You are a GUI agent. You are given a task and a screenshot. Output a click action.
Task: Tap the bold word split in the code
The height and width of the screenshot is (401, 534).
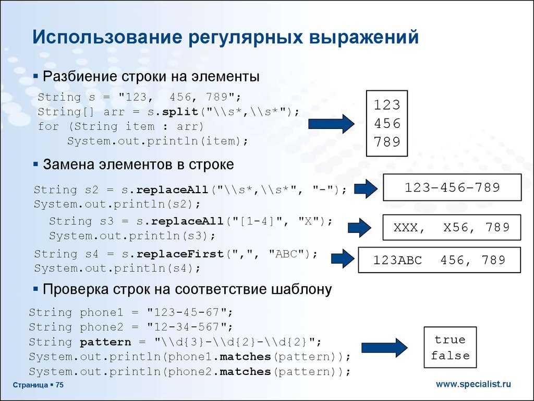[x=180, y=112]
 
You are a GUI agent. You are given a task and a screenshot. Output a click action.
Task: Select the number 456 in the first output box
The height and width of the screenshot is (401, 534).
[x=387, y=123]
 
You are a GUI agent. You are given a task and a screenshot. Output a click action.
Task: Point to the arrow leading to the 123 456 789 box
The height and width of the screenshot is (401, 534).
[x=331, y=123]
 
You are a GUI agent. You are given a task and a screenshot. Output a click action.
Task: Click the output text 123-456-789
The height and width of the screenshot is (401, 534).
[x=452, y=187]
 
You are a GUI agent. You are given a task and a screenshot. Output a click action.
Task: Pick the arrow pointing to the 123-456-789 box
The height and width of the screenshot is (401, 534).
[x=366, y=188]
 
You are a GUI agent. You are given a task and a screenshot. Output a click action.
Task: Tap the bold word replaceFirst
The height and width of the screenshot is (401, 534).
[x=180, y=254]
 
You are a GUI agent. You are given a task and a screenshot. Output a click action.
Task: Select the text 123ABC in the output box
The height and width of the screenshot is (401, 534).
[x=397, y=260]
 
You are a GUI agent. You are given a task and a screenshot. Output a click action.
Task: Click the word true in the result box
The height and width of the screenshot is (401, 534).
[x=450, y=339]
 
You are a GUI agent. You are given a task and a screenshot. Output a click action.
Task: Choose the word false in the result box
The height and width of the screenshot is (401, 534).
[x=450, y=356]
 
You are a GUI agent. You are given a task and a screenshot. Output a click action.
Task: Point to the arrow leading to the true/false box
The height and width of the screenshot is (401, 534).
[x=384, y=348]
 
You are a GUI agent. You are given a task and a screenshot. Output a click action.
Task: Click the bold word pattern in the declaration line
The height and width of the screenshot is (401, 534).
[x=105, y=342]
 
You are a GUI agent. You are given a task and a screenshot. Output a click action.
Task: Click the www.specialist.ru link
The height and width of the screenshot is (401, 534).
[x=474, y=384]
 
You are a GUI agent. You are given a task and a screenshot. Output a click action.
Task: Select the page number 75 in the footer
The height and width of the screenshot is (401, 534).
[x=59, y=385]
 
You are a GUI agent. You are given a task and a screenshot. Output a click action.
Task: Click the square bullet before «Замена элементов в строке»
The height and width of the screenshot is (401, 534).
[x=36, y=164]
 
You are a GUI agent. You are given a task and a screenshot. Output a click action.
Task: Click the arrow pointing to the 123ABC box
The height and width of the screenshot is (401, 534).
[x=343, y=258]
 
